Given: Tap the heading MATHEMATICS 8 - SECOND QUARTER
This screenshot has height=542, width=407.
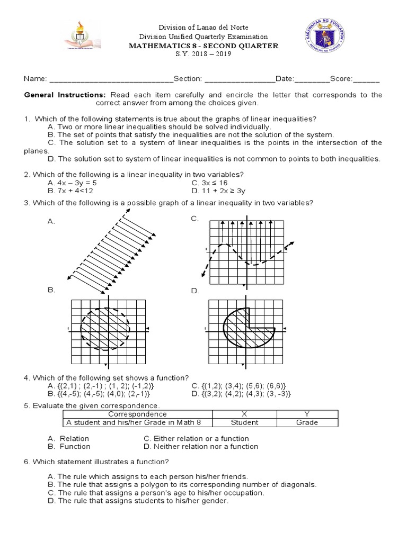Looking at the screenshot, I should pos(203,46).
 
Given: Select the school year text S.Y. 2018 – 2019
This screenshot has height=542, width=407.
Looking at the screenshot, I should pos(203,55).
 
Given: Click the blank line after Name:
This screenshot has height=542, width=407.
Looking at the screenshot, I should pos(111,79).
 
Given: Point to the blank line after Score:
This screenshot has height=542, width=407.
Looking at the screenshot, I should pos(366,79).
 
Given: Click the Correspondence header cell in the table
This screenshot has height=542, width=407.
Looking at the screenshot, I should pos(137,414).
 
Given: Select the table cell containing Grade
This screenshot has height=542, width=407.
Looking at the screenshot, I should pos(307,422).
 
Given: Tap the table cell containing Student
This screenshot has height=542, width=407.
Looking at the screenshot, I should pos(244,422).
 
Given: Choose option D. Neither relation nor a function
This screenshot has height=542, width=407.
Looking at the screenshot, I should pos(201,446).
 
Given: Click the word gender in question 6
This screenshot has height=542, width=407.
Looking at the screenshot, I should pos(216,500).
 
